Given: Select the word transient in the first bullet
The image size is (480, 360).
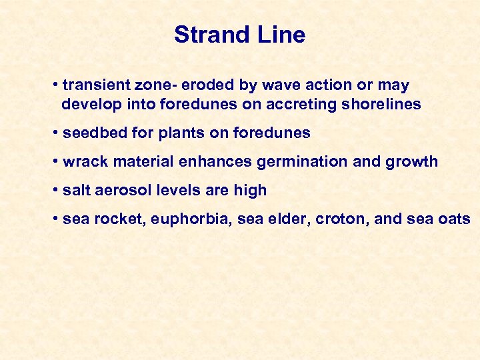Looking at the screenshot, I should tap(91, 85).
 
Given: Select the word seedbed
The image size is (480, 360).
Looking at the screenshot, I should tap(91, 133).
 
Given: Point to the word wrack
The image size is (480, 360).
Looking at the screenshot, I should tap(83, 162).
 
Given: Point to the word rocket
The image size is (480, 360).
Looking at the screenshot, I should tap(113, 219).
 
